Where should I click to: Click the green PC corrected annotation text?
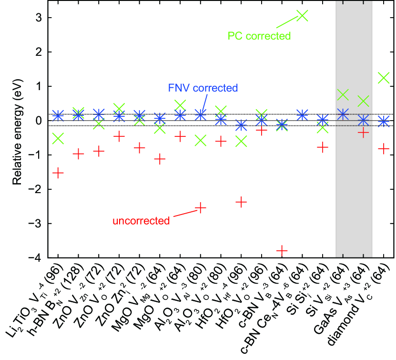point(259,36)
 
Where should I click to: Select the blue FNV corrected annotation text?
point(203,88)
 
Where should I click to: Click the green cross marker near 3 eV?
point(302,16)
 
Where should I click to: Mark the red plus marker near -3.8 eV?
point(282,251)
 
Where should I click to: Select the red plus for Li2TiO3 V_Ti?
point(58,173)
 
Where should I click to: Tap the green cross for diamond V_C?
point(383,77)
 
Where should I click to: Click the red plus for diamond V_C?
point(383,149)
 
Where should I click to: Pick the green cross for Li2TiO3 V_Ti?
point(58,138)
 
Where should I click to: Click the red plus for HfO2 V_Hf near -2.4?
point(242,202)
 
